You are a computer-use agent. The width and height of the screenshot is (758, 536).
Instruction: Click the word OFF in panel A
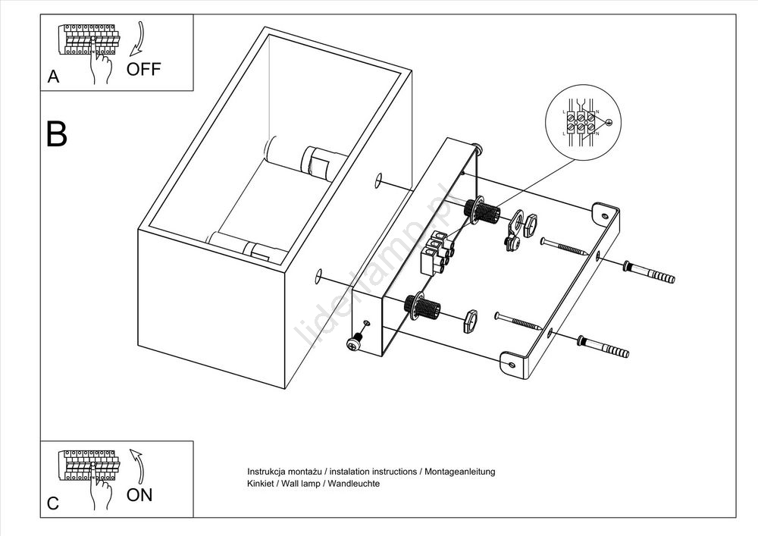tap(143, 69)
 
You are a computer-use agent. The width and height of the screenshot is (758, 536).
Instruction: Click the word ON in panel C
tap(139, 495)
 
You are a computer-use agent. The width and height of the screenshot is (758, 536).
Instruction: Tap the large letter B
tap(57, 133)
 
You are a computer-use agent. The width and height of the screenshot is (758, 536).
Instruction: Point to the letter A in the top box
tap(53, 77)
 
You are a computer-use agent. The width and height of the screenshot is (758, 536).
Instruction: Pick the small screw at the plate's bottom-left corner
tap(353, 343)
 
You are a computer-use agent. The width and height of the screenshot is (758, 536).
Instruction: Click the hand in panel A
tap(99, 65)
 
